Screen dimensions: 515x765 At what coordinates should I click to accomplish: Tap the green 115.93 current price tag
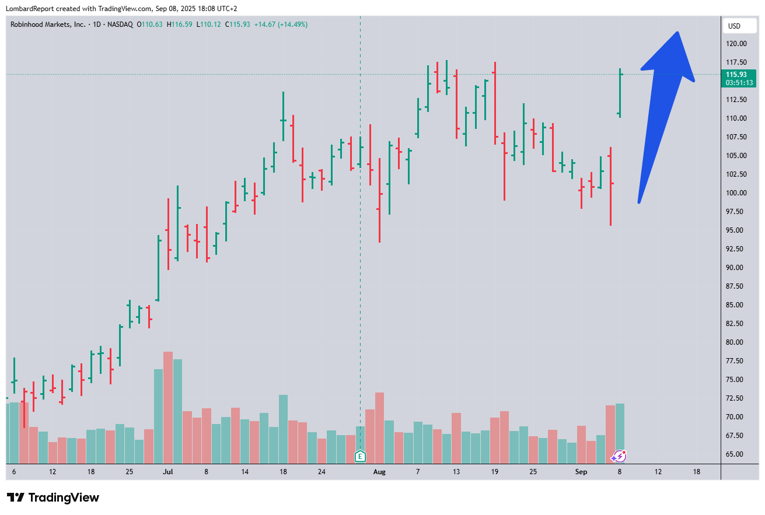tap(739, 78)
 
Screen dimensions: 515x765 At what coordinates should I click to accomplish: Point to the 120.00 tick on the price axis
tap(736, 44)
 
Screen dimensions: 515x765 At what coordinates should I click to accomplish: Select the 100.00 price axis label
tap(736, 193)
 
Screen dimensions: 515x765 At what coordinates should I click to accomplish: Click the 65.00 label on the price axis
tap(736, 454)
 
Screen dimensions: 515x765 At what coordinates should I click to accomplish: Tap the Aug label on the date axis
tap(379, 471)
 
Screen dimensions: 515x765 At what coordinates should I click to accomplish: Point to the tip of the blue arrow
tap(677, 33)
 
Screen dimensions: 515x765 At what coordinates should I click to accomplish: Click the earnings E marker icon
tap(360, 456)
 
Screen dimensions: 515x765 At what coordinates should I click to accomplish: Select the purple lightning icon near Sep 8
tap(619, 456)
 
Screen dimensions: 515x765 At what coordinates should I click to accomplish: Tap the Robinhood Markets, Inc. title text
tap(48, 24)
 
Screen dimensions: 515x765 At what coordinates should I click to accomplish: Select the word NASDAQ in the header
tap(119, 24)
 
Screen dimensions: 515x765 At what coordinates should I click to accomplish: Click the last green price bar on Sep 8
tap(620, 93)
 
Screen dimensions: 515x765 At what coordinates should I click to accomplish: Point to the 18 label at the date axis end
tap(696, 471)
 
